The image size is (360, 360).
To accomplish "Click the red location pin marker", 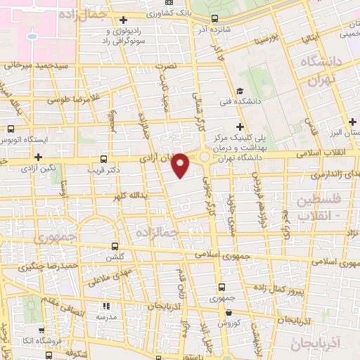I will pos(181,166).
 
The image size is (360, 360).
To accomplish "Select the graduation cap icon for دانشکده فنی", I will pos(240,91).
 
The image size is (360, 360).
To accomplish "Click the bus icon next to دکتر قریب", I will pos(105,159).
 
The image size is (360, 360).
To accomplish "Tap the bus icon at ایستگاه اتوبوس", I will pos(10,129).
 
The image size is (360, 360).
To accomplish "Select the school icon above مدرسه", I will pos(106,306).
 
